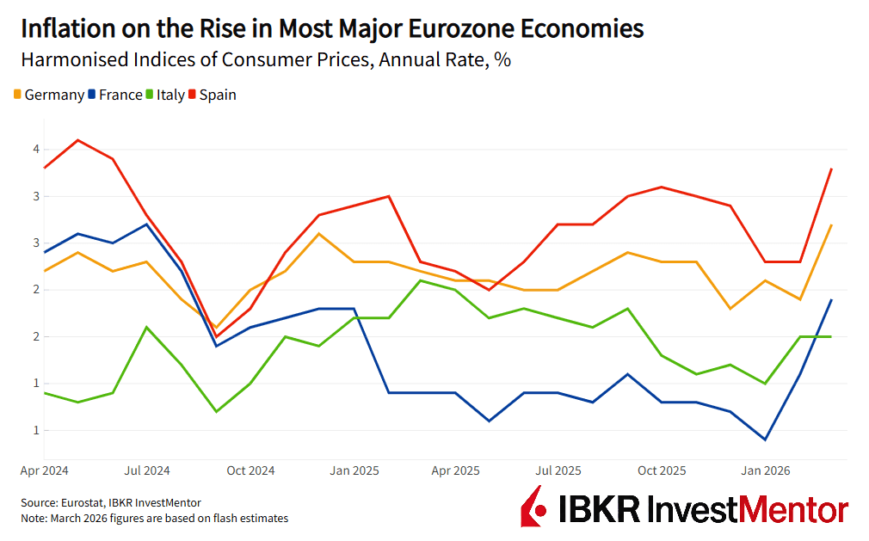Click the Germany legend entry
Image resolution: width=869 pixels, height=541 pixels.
click(x=49, y=95)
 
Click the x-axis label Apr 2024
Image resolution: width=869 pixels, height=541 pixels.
click(x=45, y=470)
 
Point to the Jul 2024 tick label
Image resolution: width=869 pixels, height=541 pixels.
click(x=147, y=470)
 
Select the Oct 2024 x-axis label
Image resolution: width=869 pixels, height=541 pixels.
click(x=250, y=470)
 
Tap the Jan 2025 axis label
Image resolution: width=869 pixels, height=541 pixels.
click(x=353, y=470)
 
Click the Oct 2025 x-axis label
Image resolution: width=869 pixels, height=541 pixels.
click(x=661, y=470)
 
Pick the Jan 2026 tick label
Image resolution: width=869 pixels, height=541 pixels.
click(x=763, y=470)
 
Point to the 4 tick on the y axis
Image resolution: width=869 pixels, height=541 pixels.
click(x=36, y=149)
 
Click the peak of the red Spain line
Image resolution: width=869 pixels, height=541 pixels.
click(x=78, y=139)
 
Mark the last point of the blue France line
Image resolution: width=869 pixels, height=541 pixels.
click(x=830, y=299)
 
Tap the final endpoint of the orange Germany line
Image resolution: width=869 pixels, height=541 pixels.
click(x=830, y=224)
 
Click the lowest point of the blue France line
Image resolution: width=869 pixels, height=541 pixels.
click(x=765, y=440)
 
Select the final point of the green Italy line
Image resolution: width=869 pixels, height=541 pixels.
click(x=830, y=336)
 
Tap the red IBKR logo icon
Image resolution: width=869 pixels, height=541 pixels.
click(x=533, y=507)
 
